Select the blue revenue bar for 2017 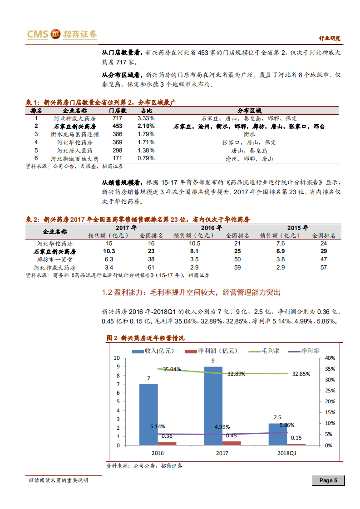pos(213,406)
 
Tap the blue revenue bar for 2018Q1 pos(277,434)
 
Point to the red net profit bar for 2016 pos(167,443)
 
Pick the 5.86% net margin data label pos(287,425)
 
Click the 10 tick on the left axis pos(117,358)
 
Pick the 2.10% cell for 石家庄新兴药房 pos(146,126)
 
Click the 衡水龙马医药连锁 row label pos(74,134)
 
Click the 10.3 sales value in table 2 pos(109,251)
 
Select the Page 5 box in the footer pos(328,480)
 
